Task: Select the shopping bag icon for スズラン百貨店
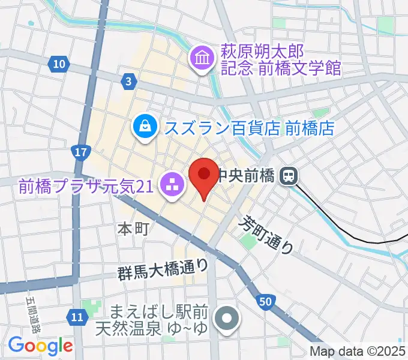[145, 126]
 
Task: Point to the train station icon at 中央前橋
[290, 176]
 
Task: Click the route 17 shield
[82, 152]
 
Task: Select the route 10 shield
[58, 64]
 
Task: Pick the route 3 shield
[128, 80]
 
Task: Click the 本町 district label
[133, 228]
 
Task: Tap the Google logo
[40, 346]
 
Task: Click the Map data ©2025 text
[358, 352]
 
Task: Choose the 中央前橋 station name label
[246, 176]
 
